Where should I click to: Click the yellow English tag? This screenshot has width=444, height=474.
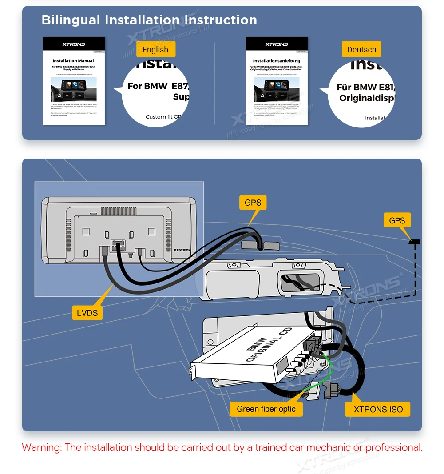coord(155,49)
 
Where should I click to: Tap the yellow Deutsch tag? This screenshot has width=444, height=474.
coord(361,49)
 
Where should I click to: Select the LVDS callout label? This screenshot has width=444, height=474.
coord(87,313)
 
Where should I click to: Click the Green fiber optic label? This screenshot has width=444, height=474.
coord(266,409)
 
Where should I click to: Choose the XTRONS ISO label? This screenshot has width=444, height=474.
coord(378,409)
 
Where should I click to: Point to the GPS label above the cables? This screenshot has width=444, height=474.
coord(253,203)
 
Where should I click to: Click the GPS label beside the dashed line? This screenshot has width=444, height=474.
coord(397,220)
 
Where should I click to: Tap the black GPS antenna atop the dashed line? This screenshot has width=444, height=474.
coord(415,242)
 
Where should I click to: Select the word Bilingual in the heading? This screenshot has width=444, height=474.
coord(71,20)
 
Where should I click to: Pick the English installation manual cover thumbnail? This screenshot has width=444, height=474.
coord(74,81)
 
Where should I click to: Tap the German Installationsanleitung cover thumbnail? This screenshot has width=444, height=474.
coord(276,81)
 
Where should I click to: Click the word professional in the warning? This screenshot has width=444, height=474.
coord(393,447)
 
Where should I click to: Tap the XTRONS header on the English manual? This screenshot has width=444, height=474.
coord(74,44)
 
